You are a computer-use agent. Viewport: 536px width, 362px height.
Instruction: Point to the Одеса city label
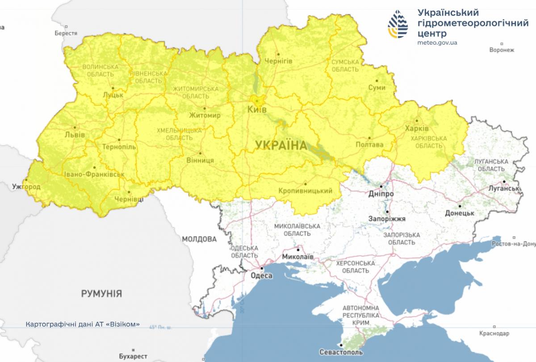coord(262,276)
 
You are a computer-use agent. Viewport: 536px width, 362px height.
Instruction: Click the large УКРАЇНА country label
coord(281,145)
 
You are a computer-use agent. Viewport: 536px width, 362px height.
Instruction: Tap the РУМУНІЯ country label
coord(101,293)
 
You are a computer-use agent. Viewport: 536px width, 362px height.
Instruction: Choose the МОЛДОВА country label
coord(199,239)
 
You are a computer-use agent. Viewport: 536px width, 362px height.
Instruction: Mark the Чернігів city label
coord(278,61)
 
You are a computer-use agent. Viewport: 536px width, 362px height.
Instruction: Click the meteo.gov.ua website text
coord(437,43)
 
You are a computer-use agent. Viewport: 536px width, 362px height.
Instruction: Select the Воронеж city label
coord(502,50)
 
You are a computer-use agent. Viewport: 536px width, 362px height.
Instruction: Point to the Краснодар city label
coord(494,333)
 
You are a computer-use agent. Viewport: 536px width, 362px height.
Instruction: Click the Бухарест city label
coord(133,356)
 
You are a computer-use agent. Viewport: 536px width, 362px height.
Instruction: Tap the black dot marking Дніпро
coord(381,187)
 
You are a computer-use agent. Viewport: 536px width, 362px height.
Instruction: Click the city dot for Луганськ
coord(503,182)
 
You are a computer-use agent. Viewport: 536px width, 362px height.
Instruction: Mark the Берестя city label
coord(66,33)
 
